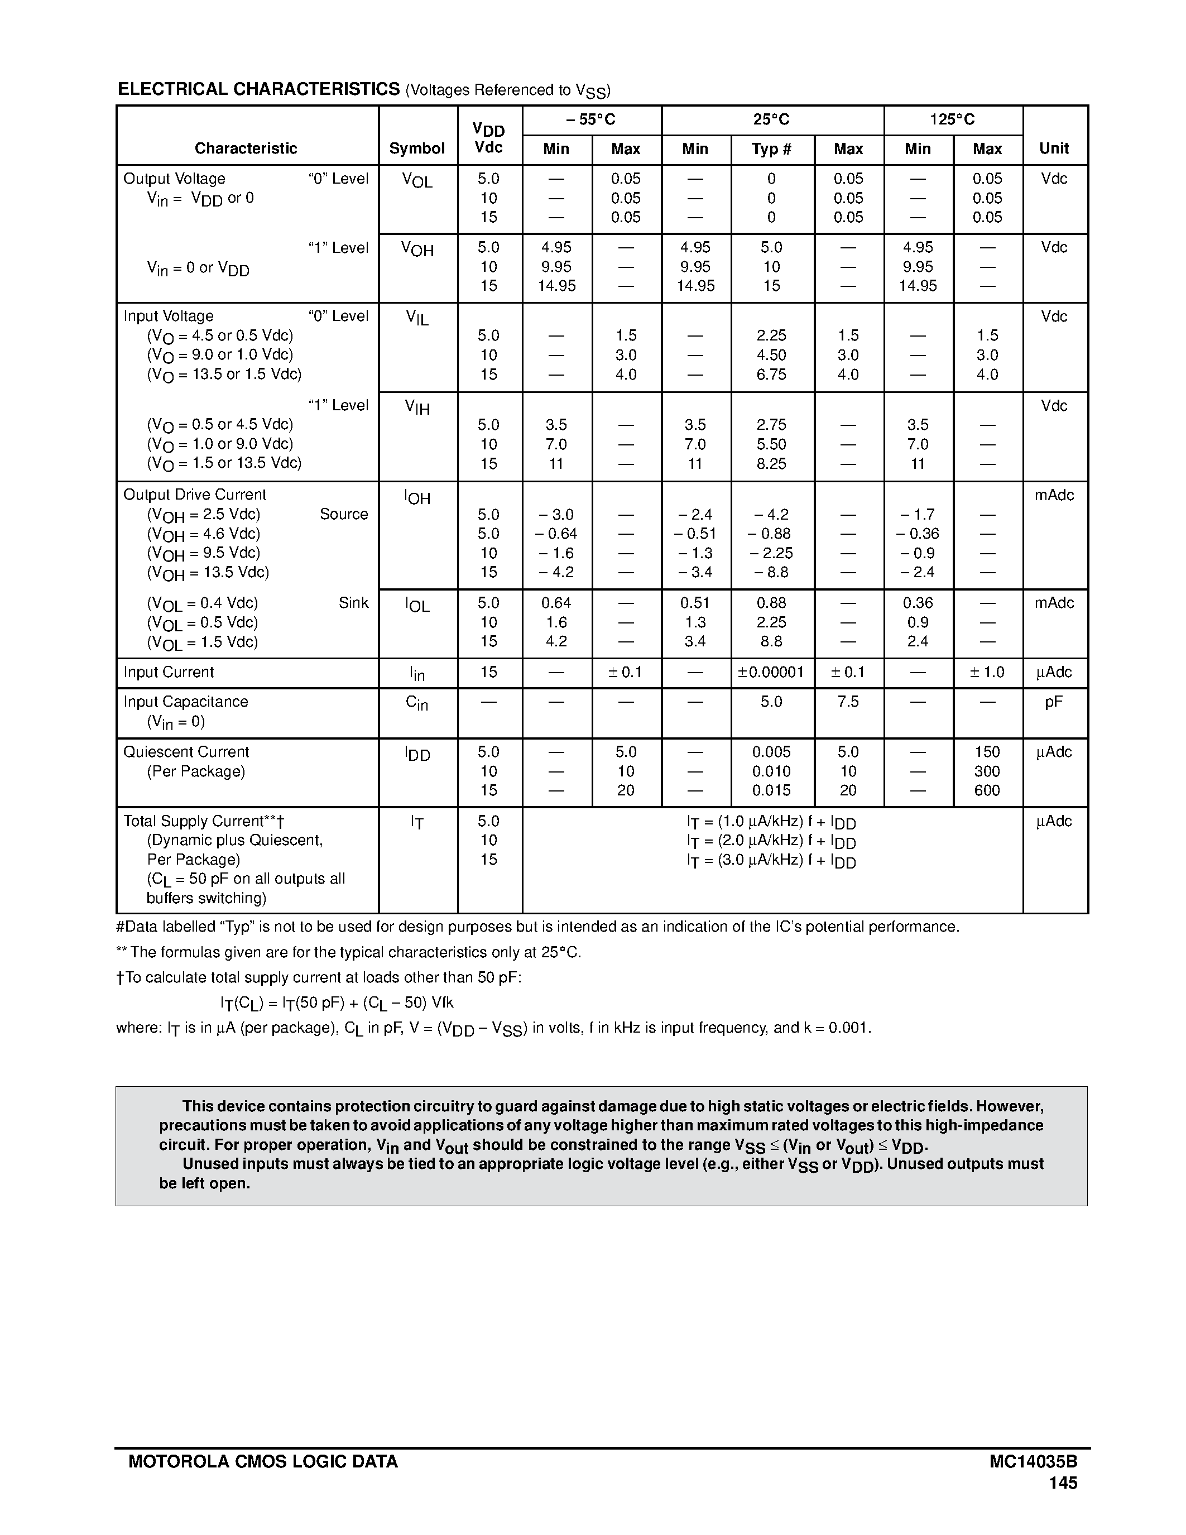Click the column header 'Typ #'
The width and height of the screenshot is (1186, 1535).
(x=771, y=149)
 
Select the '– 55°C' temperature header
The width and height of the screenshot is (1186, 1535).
(x=591, y=120)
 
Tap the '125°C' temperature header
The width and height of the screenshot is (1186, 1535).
(x=952, y=120)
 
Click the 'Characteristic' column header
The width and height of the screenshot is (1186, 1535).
(x=246, y=148)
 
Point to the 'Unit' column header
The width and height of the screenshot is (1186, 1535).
(x=1054, y=148)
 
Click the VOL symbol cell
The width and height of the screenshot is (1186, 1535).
(x=417, y=181)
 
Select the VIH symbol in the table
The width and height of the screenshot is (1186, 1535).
(x=417, y=407)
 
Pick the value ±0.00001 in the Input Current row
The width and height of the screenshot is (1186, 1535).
(x=771, y=673)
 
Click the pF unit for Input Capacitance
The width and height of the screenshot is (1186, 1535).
(x=1054, y=702)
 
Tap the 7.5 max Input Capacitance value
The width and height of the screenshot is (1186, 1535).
(x=848, y=702)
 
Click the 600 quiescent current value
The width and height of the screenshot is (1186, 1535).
(x=987, y=791)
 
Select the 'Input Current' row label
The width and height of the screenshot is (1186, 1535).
(x=169, y=673)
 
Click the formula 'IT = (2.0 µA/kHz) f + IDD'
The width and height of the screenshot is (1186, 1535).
(x=771, y=841)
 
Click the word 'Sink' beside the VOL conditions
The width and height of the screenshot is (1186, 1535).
(x=353, y=603)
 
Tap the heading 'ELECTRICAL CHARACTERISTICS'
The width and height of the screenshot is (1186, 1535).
(x=258, y=89)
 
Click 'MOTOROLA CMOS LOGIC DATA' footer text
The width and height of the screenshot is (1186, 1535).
(x=263, y=1462)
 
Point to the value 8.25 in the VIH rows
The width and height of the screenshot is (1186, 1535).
(x=771, y=464)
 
